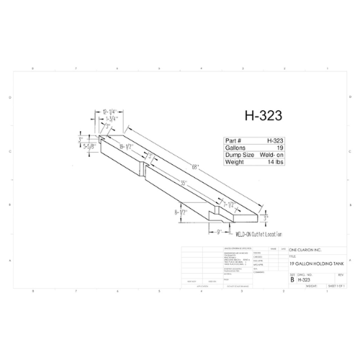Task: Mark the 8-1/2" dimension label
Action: [180, 213]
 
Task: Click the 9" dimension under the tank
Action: [218, 232]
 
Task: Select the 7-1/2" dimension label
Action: [230, 204]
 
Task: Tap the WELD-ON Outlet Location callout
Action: [259, 235]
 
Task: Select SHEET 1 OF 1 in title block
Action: [338, 285]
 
